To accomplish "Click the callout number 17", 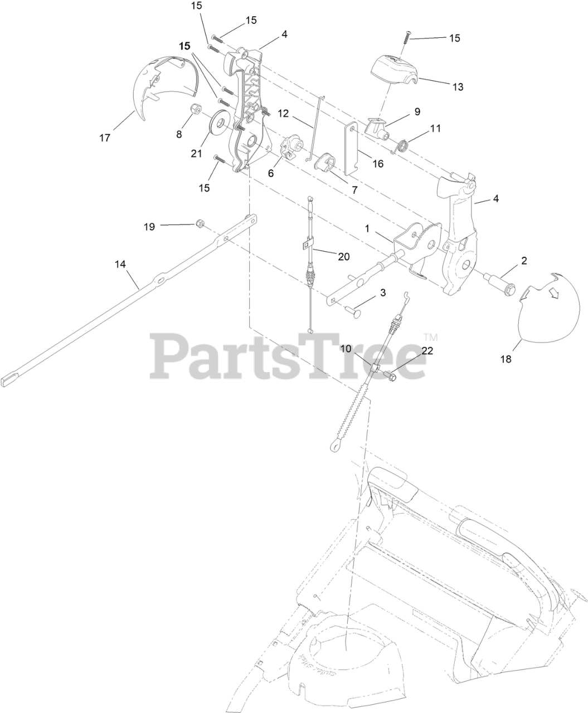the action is coord(105,137).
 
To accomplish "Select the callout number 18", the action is coord(506,359).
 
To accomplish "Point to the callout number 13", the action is coord(458,87).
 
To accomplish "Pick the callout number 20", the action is coord(343,256).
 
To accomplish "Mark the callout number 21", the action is coord(196,154).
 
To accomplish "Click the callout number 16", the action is coord(378,164).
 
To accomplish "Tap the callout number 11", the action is coord(436,128).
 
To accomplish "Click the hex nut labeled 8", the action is coord(196,109).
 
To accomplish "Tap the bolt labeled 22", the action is coord(390,377).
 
